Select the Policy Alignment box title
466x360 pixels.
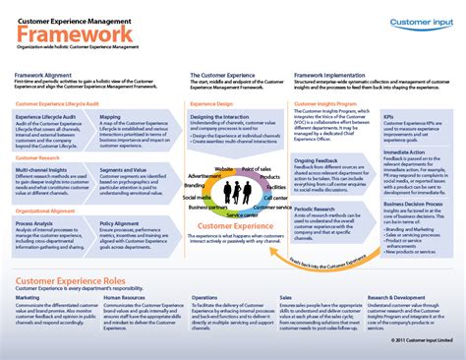121,222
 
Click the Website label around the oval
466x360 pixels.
224,171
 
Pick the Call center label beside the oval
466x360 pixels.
276,198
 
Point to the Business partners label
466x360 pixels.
208,209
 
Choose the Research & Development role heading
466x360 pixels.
398,296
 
